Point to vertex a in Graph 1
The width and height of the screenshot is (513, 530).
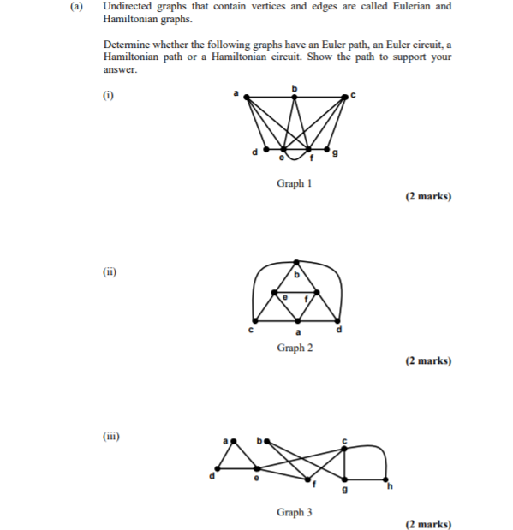pyautogui.click(x=247, y=98)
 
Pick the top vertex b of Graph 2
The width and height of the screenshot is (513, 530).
pyautogui.click(x=297, y=261)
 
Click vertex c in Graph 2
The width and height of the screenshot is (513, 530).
pyautogui.click(x=254, y=318)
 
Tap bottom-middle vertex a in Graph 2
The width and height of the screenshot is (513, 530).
pyautogui.click(x=298, y=318)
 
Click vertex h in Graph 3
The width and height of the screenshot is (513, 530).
pyautogui.click(x=386, y=479)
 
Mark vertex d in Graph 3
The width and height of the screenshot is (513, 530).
pyautogui.click(x=218, y=468)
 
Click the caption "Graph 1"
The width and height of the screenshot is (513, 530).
pyautogui.click(x=294, y=183)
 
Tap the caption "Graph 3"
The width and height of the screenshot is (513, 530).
pyautogui.click(x=294, y=512)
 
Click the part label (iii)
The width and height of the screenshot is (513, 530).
pyautogui.click(x=111, y=436)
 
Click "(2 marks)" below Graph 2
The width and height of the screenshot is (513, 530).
pyautogui.click(x=428, y=360)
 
